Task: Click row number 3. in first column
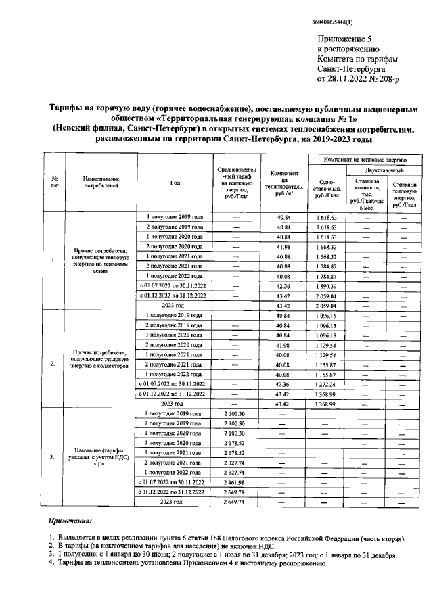click(x=53, y=456)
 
